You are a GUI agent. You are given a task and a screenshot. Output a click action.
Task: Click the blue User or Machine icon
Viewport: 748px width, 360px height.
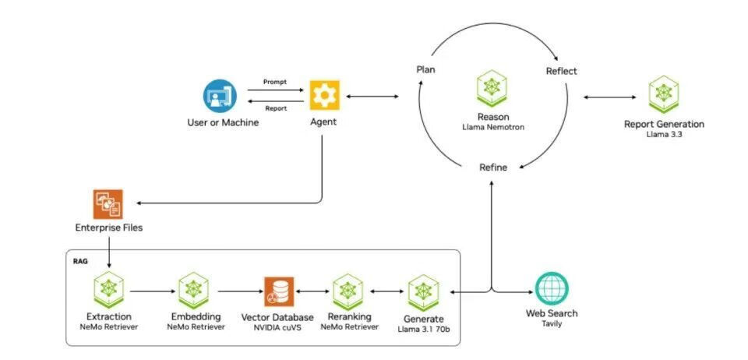[219, 95]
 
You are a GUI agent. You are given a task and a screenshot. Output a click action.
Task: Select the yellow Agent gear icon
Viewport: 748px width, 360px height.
[324, 94]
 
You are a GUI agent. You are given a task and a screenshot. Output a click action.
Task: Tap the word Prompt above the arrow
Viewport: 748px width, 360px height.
[275, 81]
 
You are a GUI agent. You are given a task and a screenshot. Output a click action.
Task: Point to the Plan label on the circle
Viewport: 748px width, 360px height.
[425, 69]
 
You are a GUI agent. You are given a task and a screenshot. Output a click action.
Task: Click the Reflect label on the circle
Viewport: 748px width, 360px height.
[561, 71]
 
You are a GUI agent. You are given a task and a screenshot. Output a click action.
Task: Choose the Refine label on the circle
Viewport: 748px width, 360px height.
[492, 168]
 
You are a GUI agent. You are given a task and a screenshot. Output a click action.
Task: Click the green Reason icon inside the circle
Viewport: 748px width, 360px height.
[492, 87]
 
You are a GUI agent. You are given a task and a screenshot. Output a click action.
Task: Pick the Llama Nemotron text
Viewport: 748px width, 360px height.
[493, 126]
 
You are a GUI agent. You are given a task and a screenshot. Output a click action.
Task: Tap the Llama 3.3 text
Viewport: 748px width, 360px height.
[664, 135]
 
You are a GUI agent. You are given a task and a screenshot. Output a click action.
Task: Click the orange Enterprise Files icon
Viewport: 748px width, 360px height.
[108, 204]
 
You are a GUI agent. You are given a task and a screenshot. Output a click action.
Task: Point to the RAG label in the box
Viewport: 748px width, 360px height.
[79, 262]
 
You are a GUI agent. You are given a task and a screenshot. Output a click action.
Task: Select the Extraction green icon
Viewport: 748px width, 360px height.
[108, 290]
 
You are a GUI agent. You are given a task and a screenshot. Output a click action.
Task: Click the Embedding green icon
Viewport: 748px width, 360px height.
[195, 290]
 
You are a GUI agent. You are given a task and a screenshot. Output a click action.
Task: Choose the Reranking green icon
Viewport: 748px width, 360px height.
[348, 291]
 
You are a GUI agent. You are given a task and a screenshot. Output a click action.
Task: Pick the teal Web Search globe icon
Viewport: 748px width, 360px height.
[552, 289]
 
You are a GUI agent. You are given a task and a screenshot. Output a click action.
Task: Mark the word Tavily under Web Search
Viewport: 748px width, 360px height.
[552, 323]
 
